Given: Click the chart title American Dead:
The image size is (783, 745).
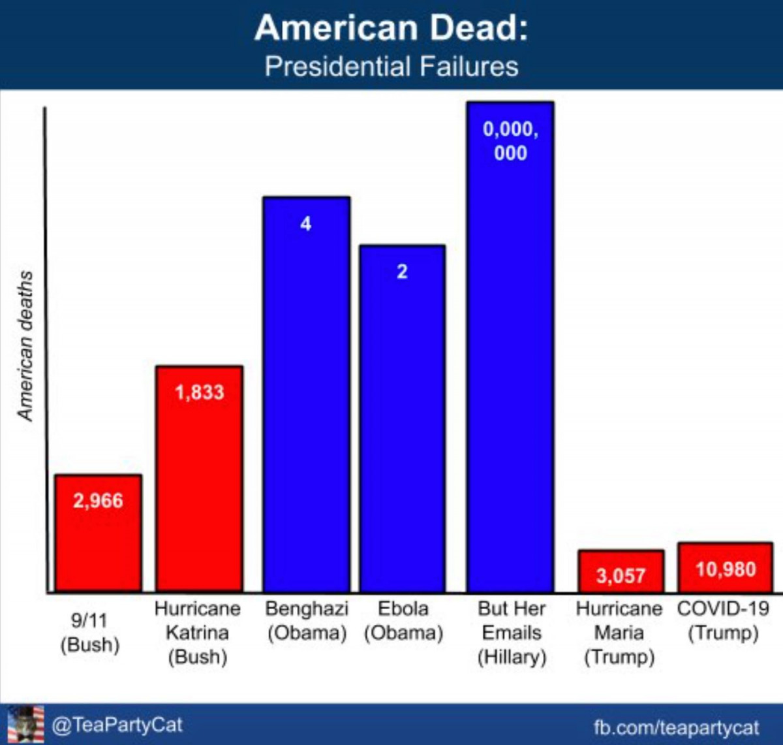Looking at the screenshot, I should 391,28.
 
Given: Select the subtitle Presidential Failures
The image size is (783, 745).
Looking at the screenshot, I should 391,67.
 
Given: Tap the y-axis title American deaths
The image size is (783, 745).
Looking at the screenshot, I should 25,346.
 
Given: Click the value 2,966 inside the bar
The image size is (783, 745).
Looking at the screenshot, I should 98,501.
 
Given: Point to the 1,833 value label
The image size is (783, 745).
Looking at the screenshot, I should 199,392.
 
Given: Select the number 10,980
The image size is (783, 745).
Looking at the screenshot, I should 725,569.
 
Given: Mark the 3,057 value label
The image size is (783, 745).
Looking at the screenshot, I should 621,576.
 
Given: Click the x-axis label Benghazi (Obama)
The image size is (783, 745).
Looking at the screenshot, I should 306,620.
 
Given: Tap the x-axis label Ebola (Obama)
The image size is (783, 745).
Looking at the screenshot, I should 403,620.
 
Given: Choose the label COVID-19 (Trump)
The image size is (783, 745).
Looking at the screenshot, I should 723,620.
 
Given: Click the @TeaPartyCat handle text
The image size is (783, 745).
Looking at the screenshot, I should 117,725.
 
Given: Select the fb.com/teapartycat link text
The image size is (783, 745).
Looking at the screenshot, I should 676,727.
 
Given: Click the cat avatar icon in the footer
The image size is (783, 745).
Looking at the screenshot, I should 25,724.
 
